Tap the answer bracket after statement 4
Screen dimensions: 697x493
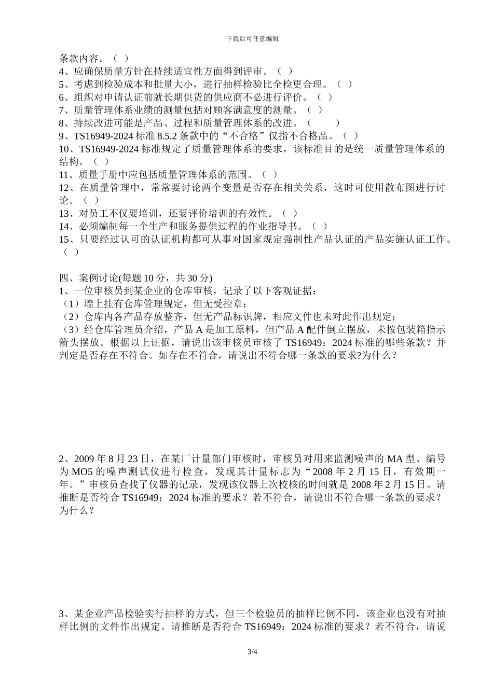tap(284, 71)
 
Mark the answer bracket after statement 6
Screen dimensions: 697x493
tap(324, 97)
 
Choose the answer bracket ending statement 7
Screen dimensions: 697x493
tap(314, 110)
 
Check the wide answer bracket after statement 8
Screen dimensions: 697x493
tap(323, 123)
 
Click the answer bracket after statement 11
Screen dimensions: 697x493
tap(269, 175)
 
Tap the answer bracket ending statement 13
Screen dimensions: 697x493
tap(290, 213)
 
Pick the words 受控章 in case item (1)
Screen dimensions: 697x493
tap(228, 304)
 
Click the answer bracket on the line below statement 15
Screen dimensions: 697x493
tap(71, 252)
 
